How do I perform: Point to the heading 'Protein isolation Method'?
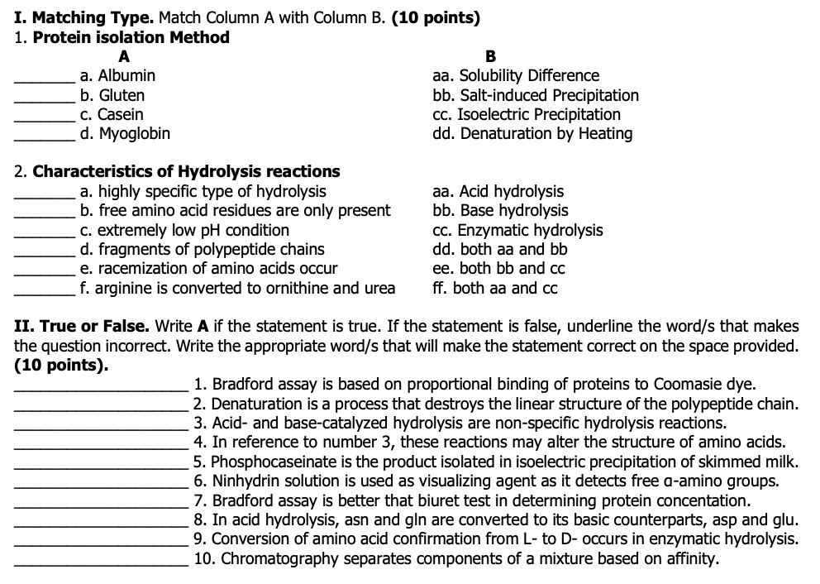[x=131, y=37]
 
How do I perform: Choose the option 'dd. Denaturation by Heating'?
[x=532, y=133]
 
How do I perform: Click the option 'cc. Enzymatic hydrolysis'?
[x=517, y=230]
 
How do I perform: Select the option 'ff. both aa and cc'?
[x=494, y=288]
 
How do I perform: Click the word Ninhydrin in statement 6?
[x=245, y=481]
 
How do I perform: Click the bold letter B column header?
[x=490, y=57]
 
